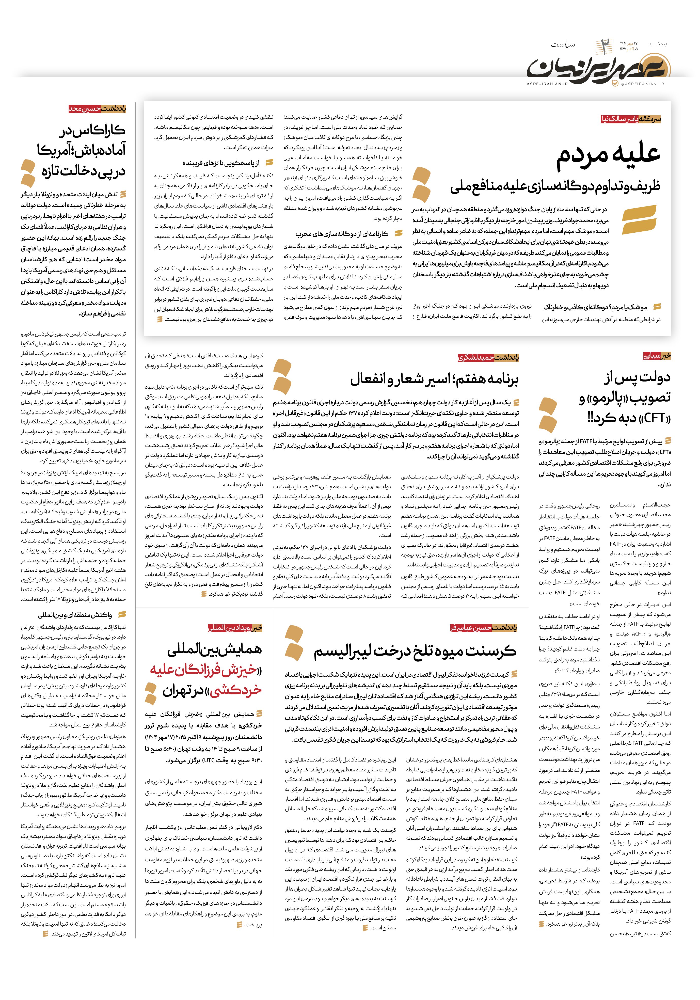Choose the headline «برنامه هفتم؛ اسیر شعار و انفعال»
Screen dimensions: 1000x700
coord(434,379)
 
